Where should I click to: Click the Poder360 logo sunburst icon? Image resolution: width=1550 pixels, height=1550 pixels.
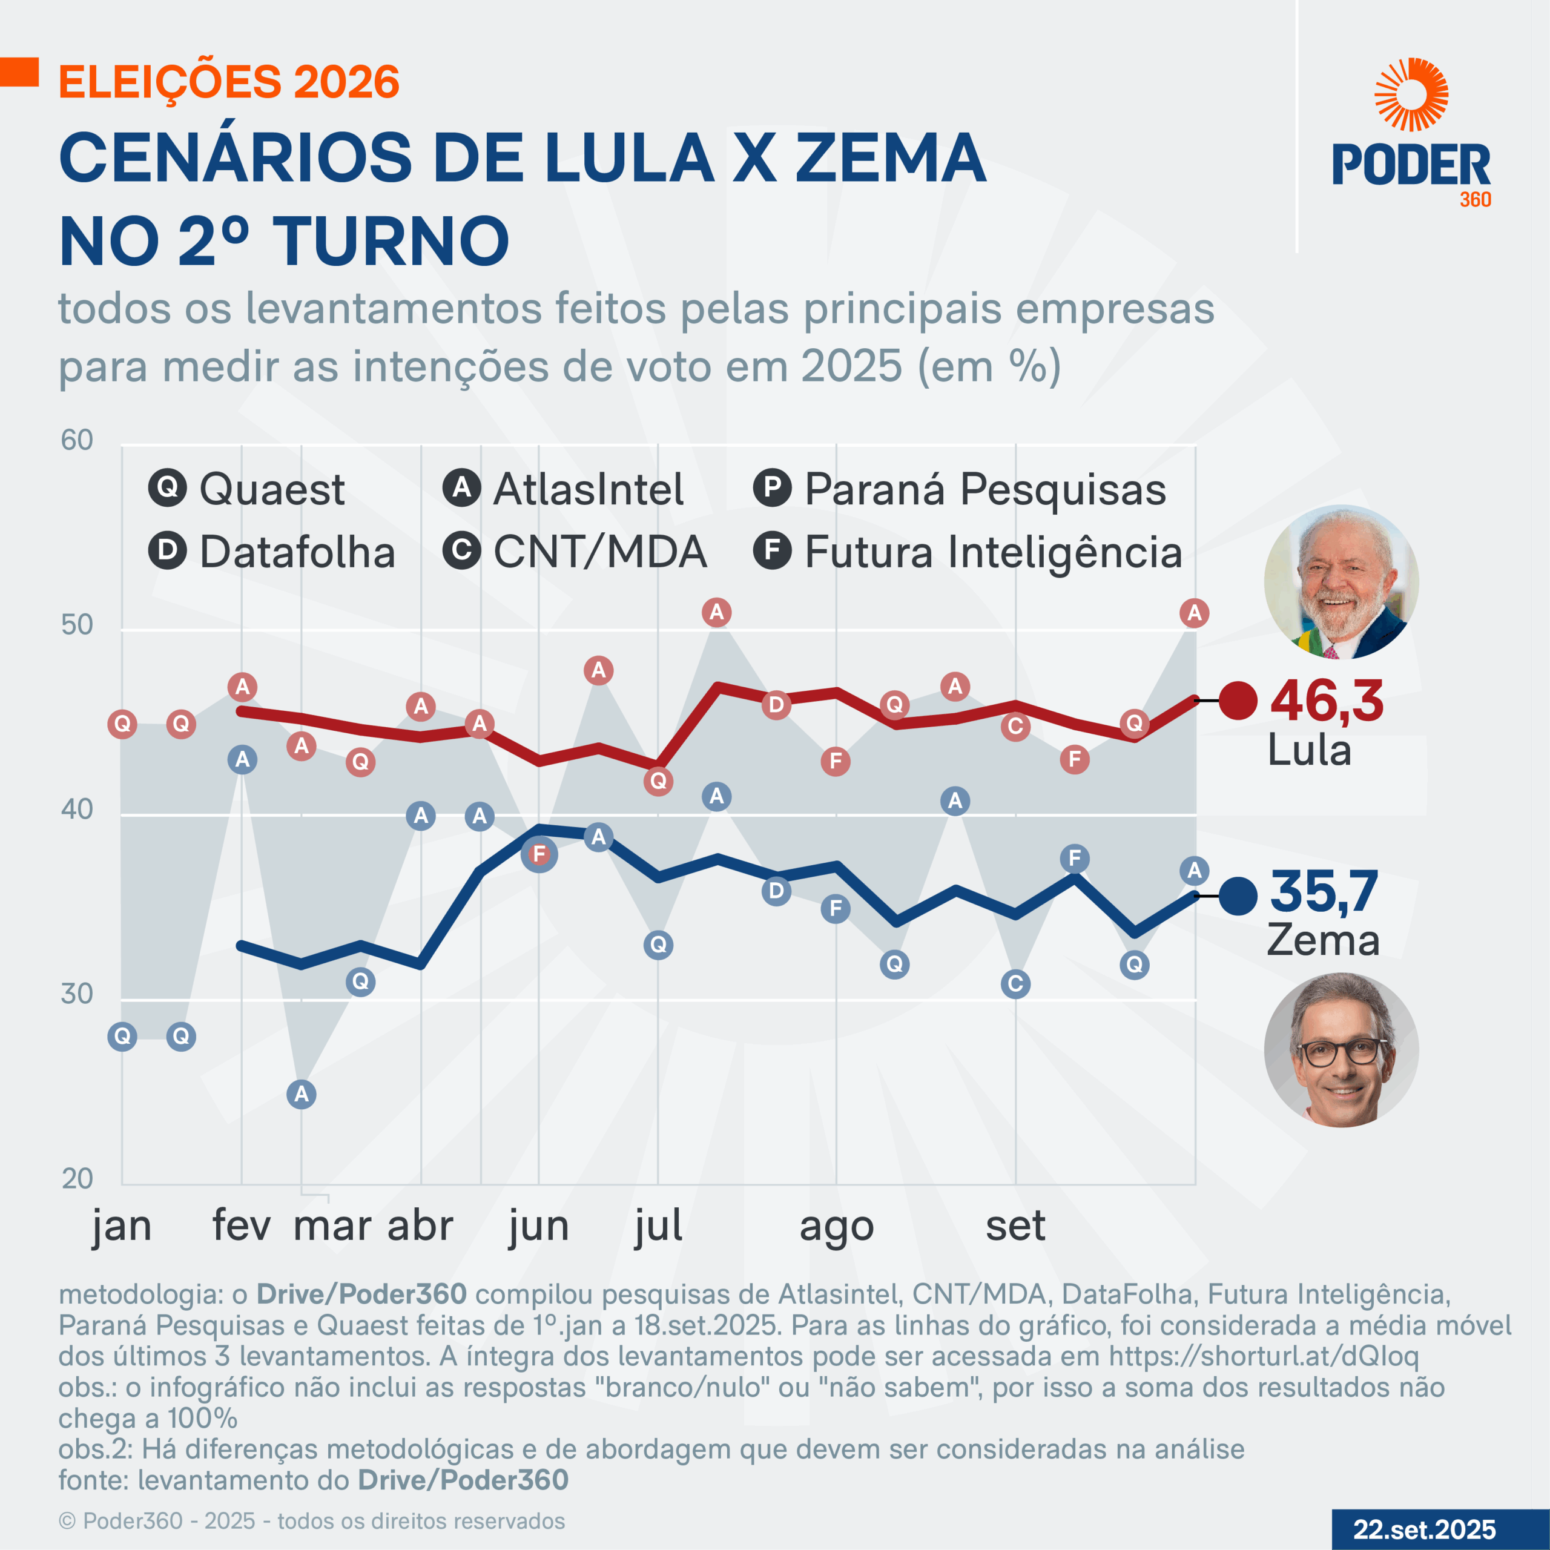click(1411, 94)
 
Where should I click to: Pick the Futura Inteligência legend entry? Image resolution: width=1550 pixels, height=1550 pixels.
click(968, 552)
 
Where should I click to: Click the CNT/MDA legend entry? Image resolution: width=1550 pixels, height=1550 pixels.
click(575, 552)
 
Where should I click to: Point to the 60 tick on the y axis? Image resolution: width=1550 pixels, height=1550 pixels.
click(77, 440)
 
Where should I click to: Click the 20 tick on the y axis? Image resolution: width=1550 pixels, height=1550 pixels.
click(77, 1179)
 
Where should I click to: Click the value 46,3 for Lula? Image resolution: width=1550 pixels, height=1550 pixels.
click(1327, 701)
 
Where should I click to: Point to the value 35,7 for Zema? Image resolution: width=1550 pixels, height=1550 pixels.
click(1324, 891)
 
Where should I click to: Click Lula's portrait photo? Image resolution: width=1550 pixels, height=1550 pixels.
click(1341, 582)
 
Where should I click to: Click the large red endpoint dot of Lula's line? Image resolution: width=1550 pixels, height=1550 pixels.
click(1238, 701)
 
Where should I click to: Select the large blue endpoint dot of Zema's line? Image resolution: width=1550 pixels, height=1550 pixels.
click(1238, 896)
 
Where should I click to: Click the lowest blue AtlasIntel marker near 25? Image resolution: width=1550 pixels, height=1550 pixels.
click(302, 1093)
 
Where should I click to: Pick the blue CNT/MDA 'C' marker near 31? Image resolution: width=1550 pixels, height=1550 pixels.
click(1015, 984)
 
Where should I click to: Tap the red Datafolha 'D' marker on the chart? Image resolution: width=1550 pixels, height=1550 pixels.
click(776, 705)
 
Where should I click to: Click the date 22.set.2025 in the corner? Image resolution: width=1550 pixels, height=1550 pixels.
click(1424, 1529)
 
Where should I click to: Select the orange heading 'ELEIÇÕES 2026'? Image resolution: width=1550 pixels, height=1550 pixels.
click(229, 82)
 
